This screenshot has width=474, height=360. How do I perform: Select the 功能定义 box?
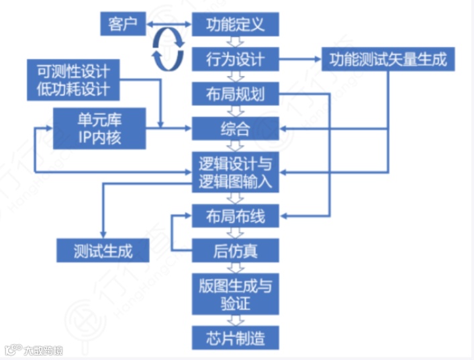(x=234, y=26)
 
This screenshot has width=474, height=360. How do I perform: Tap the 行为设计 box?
(x=234, y=60)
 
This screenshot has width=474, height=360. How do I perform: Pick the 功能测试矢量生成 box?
(x=388, y=60)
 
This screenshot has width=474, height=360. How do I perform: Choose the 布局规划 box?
(x=234, y=94)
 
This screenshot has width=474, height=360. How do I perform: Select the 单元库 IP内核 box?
(x=99, y=128)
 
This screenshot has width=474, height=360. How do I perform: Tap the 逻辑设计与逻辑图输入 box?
(x=234, y=172)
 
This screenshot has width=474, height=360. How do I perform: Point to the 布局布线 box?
(x=234, y=216)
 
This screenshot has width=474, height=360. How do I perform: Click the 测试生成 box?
(x=103, y=251)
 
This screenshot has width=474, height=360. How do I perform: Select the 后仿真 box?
(x=234, y=251)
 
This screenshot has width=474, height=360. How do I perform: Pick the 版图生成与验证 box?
(x=234, y=294)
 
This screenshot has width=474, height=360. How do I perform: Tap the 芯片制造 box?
(x=234, y=336)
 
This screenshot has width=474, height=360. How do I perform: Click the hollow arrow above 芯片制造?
(x=234, y=320)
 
